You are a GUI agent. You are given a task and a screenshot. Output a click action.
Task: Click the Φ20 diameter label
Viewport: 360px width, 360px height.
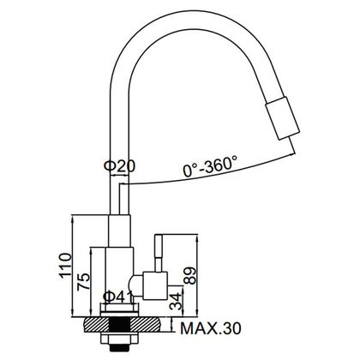click(119, 165)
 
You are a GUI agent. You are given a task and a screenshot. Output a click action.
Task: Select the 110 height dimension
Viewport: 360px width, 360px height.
click(65, 266)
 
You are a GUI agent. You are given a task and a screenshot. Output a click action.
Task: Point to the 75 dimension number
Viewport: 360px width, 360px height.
click(83, 282)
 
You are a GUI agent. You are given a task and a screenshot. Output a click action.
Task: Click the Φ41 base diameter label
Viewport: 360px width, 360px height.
click(118, 297)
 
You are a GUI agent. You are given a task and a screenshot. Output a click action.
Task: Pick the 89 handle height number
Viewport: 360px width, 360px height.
click(190, 275)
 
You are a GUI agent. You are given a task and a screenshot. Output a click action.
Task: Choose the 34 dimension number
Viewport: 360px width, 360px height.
click(176, 301)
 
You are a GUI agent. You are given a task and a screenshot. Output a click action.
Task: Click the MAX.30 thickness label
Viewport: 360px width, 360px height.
click(211, 328)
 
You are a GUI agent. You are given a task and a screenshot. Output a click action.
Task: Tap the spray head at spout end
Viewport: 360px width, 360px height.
click(283, 118)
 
